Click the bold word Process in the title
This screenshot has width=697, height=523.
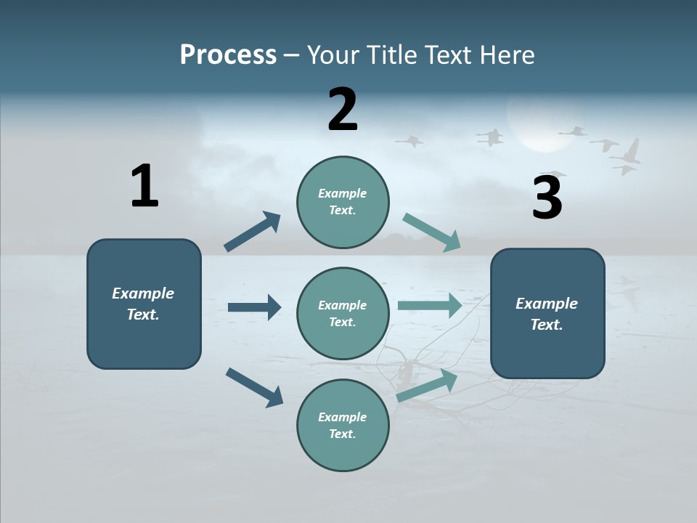tap(228, 54)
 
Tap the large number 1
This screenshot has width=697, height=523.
tap(144, 186)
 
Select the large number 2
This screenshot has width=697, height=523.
tap(343, 110)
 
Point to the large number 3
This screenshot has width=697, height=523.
tap(547, 198)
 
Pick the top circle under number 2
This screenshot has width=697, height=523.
tap(343, 202)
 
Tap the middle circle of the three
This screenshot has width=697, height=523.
tap(343, 314)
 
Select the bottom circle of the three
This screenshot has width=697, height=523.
tap(343, 426)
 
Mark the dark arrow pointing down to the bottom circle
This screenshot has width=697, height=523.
tap(254, 387)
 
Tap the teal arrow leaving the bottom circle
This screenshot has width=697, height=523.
tap(427, 386)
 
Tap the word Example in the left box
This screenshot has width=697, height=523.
tap(143, 293)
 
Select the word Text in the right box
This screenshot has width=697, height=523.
tap(546, 325)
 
